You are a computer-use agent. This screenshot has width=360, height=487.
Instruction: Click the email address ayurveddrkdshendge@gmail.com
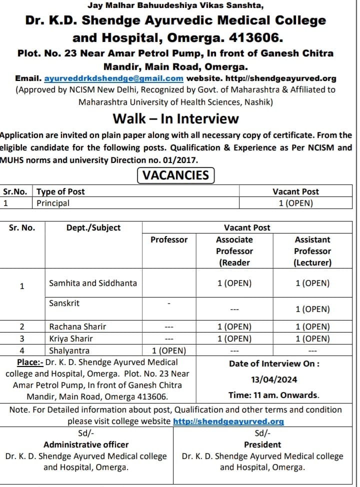pos(114,78)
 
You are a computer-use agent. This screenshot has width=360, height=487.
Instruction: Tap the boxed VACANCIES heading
pos(175,175)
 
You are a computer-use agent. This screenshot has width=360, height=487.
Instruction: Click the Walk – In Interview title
pos(175,118)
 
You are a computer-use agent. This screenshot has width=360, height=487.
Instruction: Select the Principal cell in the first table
pos(53,203)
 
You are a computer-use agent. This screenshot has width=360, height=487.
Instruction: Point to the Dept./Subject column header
pos(93,227)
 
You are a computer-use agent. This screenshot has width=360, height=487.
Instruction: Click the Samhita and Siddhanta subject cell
pos(93,283)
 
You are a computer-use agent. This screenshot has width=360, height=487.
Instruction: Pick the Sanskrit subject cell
pos(64,303)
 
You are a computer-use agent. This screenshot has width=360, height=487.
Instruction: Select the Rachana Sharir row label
pos(77,326)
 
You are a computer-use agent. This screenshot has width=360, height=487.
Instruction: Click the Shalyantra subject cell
pos(69,350)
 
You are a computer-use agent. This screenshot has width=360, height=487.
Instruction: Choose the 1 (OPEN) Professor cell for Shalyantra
pos(169,350)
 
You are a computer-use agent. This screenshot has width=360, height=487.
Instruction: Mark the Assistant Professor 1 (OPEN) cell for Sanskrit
pos(312,309)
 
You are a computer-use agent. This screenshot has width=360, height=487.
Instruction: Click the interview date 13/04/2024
pos(274,379)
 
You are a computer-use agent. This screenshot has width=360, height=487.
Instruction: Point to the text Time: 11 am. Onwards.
pos(274,395)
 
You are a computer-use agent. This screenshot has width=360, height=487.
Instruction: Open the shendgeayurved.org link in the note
pos(228,421)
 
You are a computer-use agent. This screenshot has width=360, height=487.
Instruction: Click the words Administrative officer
pos(86,444)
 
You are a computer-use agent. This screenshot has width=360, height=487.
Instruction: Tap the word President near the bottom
pos(262,444)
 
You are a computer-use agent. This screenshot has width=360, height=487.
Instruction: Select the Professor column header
pos(169,239)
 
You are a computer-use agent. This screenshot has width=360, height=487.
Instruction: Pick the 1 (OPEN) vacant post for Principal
pos(296,203)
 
